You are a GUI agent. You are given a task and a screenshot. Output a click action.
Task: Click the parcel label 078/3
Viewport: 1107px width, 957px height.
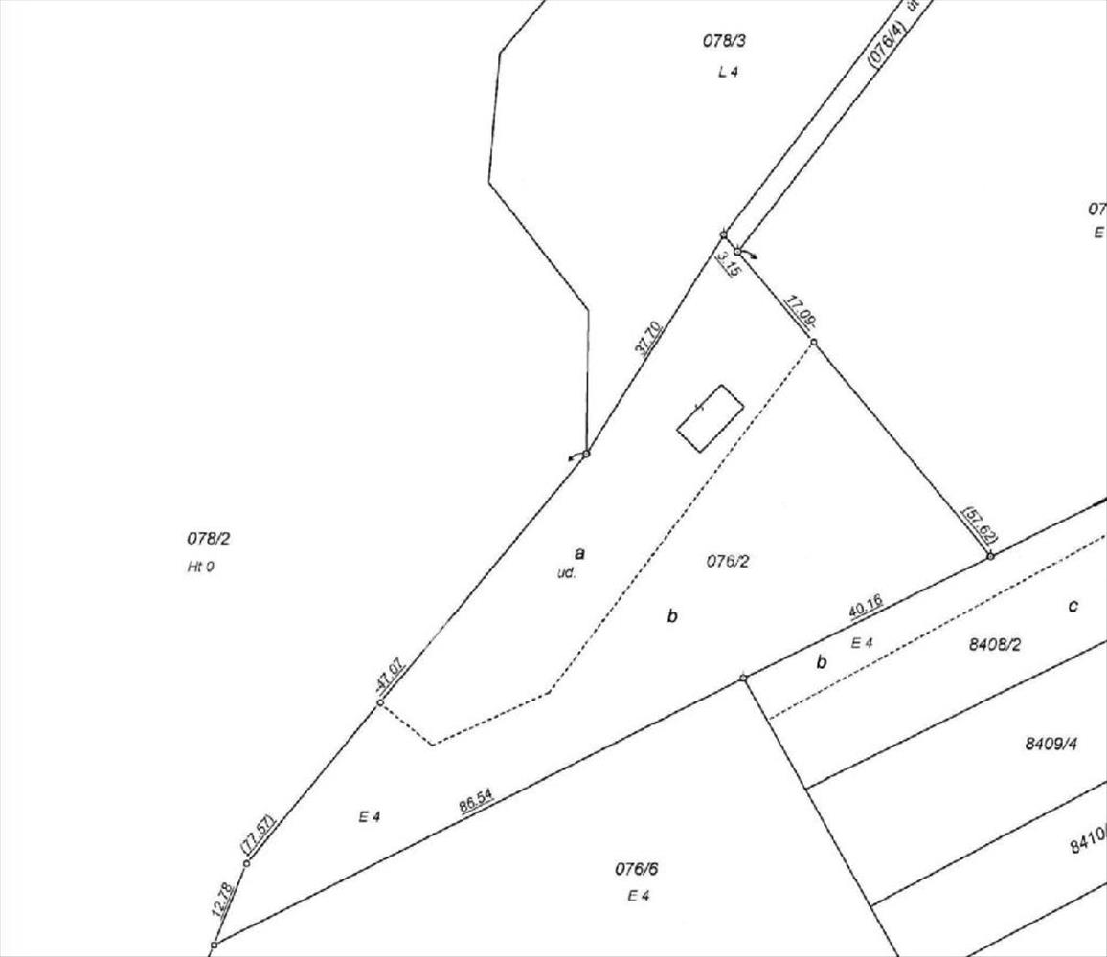click(724, 41)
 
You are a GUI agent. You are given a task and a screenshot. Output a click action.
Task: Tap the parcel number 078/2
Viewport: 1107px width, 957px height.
click(209, 539)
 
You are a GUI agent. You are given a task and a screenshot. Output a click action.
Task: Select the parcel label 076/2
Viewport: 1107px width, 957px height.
click(728, 562)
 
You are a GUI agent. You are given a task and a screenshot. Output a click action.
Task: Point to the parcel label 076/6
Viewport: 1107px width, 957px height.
click(636, 869)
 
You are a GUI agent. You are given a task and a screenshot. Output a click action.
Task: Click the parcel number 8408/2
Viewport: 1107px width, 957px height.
click(995, 645)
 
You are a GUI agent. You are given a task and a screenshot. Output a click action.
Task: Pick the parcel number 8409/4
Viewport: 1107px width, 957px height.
click(1051, 744)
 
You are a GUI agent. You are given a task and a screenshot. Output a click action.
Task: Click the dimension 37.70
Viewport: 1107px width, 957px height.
click(647, 339)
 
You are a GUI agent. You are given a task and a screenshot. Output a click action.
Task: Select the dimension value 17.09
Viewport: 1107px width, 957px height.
click(800, 312)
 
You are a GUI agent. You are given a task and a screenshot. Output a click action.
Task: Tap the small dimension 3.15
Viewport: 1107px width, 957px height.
click(730, 262)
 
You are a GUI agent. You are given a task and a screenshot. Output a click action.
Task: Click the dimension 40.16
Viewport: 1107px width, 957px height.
click(865, 606)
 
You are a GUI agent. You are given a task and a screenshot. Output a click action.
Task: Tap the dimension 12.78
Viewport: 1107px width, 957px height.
click(223, 900)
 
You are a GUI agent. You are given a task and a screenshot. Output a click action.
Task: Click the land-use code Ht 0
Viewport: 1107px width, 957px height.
click(200, 567)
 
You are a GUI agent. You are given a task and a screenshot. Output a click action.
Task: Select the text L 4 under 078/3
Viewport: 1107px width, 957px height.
click(729, 72)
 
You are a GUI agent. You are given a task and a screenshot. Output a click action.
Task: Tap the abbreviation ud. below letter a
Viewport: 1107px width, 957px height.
click(566, 573)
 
